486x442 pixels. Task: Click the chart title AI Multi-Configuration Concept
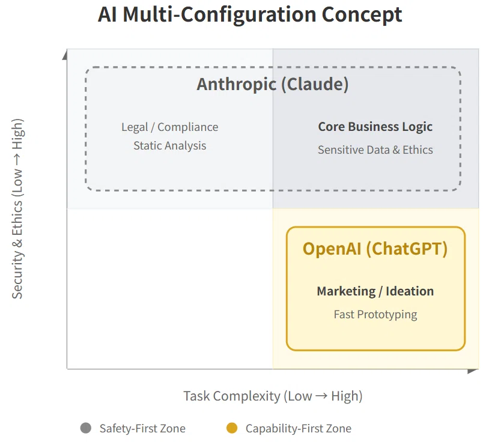[x=250, y=15]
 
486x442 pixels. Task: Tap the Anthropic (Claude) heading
[x=273, y=84]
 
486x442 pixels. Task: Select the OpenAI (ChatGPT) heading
[x=375, y=249]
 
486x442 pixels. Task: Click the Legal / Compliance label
[x=170, y=127]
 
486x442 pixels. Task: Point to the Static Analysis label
[x=170, y=146]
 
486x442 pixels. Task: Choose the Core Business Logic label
[x=375, y=127]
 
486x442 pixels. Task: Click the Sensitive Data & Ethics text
[x=375, y=150]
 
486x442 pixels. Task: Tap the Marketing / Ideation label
[x=375, y=291]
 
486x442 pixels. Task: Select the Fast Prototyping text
[x=375, y=315]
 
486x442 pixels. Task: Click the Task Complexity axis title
[x=273, y=396]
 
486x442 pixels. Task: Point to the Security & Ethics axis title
[x=17, y=209]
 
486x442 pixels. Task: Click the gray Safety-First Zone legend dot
[x=85, y=428]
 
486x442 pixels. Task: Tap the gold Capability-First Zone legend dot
[x=232, y=428]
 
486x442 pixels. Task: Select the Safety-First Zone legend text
[x=142, y=429]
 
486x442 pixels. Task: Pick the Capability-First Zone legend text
[x=299, y=429]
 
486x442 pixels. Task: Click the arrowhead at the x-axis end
[x=472, y=371]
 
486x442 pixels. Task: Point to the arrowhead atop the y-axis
[x=65, y=56]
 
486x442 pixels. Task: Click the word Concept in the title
[x=362, y=15]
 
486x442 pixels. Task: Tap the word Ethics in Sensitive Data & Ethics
[x=418, y=150]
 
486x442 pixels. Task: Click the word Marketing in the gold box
[x=346, y=291]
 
